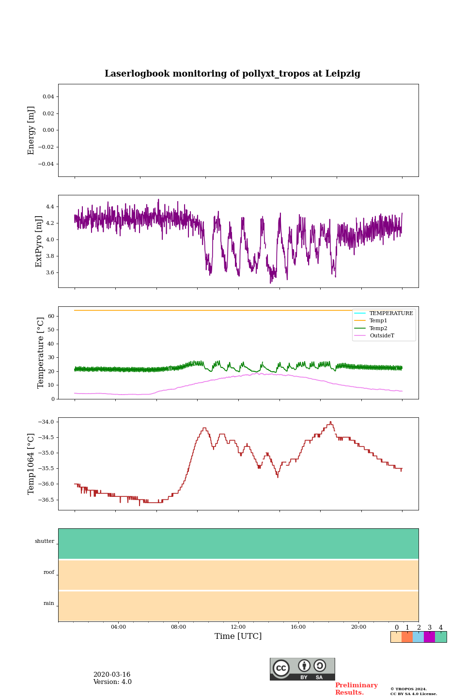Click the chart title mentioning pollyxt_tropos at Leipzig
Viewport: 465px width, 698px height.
point(232,74)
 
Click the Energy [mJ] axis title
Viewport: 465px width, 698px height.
point(31,130)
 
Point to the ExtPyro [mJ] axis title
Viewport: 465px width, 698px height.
point(39,241)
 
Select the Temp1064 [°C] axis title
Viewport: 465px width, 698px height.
point(31,464)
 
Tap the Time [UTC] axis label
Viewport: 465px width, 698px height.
point(238,636)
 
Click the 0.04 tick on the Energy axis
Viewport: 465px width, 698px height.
point(48,97)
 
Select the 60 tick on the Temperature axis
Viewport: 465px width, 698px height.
point(51,316)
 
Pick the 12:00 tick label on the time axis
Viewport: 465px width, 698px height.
point(238,627)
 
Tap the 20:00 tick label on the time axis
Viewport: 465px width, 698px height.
point(358,627)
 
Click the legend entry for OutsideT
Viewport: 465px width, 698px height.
point(382,336)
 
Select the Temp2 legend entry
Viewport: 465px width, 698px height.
point(378,329)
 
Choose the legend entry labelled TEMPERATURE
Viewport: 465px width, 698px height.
point(391,314)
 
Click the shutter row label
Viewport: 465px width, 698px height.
point(45,541)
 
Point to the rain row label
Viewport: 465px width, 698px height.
point(49,603)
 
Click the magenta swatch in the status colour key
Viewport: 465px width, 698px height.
point(429,637)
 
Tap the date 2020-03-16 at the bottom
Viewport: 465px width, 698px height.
point(112,675)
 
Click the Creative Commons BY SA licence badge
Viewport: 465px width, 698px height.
point(302,669)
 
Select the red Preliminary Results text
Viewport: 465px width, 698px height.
point(356,689)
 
